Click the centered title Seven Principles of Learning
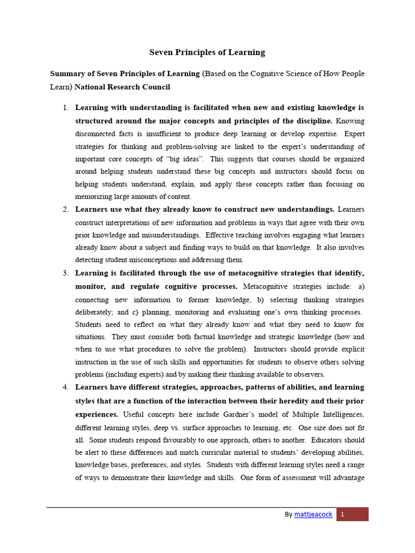click(x=207, y=52)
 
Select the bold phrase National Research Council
click(x=122, y=86)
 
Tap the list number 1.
click(x=65, y=107)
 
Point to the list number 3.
click(x=65, y=273)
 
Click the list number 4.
click(x=65, y=387)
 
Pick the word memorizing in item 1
click(x=93, y=197)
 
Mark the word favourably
click(x=199, y=440)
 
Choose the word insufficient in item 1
click(x=162, y=133)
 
